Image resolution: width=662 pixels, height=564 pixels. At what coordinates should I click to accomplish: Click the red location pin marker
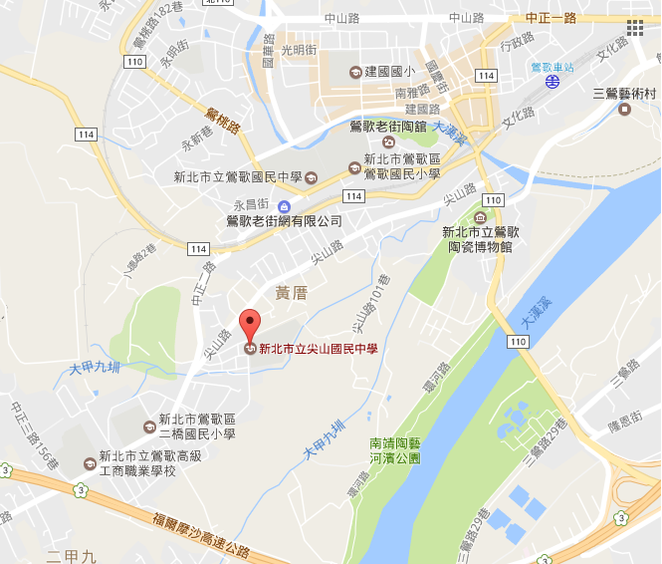[249, 325]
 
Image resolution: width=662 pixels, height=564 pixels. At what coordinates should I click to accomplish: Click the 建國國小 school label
[389, 72]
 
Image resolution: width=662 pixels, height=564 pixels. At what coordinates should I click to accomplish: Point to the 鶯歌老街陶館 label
[389, 127]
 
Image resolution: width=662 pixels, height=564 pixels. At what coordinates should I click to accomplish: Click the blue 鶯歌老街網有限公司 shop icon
[285, 205]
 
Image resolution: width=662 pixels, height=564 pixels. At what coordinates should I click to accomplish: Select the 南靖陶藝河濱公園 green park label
[395, 450]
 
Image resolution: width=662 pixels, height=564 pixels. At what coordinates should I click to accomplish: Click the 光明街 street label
[298, 50]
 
